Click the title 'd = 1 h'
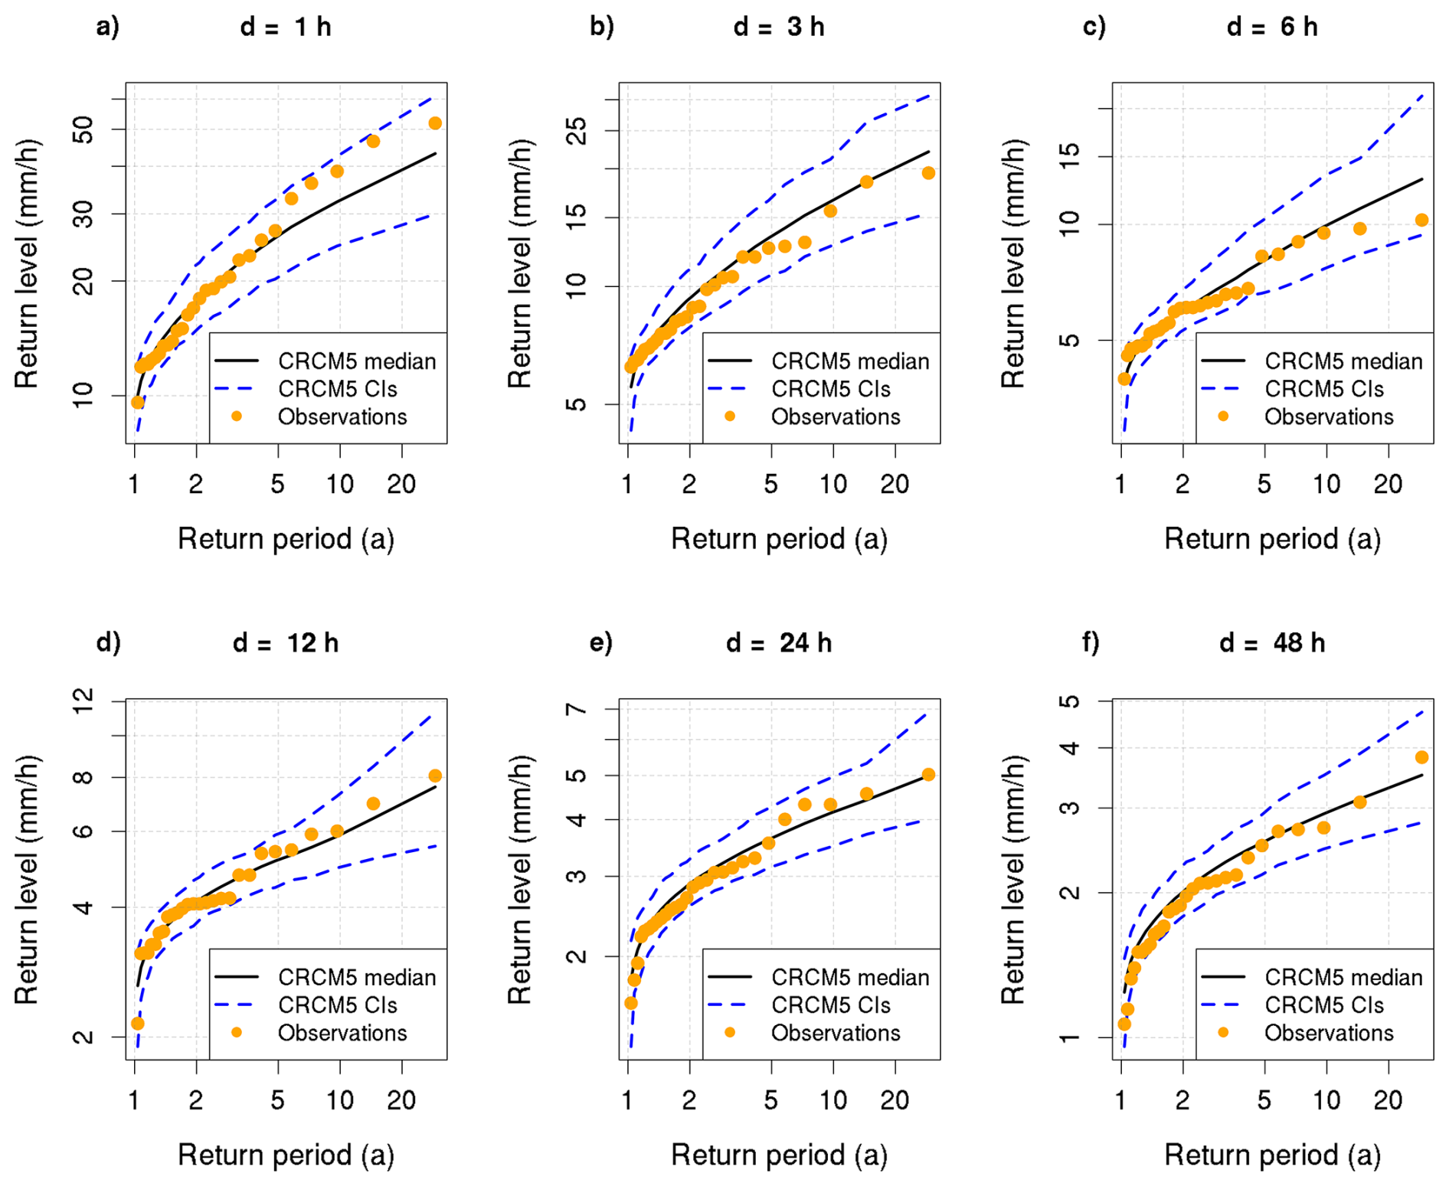pos(285,28)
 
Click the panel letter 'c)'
pos(1094,28)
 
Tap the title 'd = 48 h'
pos(1271,643)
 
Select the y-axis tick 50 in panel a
pos(83,129)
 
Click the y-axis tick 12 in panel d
pos(83,701)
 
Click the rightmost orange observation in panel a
pos(435,123)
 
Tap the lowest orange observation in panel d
pos(138,1023)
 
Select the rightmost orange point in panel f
pos(1421,757)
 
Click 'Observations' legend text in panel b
pos(835,417)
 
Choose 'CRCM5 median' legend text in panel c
pos(1343,361)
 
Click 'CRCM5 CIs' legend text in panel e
pos(831,1005)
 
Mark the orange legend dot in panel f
pos(1223,1033)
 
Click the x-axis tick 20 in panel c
pos(1387,484)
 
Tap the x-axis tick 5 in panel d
pos(277,1100)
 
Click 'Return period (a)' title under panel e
pos(779,1155)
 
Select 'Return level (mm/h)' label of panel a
pos(27,263)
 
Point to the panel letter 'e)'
pos(601,643)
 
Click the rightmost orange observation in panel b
pos(928,173)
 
